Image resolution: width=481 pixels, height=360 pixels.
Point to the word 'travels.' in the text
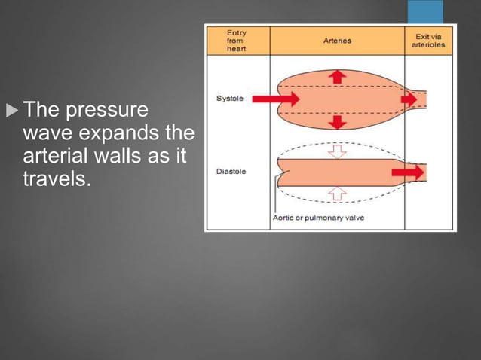point(57,181)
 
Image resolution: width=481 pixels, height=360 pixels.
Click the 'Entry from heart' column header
point(237,41)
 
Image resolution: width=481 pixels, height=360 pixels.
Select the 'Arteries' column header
point(337,41)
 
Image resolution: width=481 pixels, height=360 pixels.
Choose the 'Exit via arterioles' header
point(428,41)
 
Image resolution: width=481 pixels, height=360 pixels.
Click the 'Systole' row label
point(229,99)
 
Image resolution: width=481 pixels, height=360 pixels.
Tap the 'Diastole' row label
point(231,172)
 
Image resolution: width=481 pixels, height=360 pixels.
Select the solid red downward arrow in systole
point(338,122)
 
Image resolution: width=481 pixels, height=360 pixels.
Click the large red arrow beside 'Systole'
point(275,99)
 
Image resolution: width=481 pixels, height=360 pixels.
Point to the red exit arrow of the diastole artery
point(409,172)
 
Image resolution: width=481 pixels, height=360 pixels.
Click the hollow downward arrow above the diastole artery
point(338,151)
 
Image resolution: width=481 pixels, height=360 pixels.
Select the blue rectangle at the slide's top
point(426,12)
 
